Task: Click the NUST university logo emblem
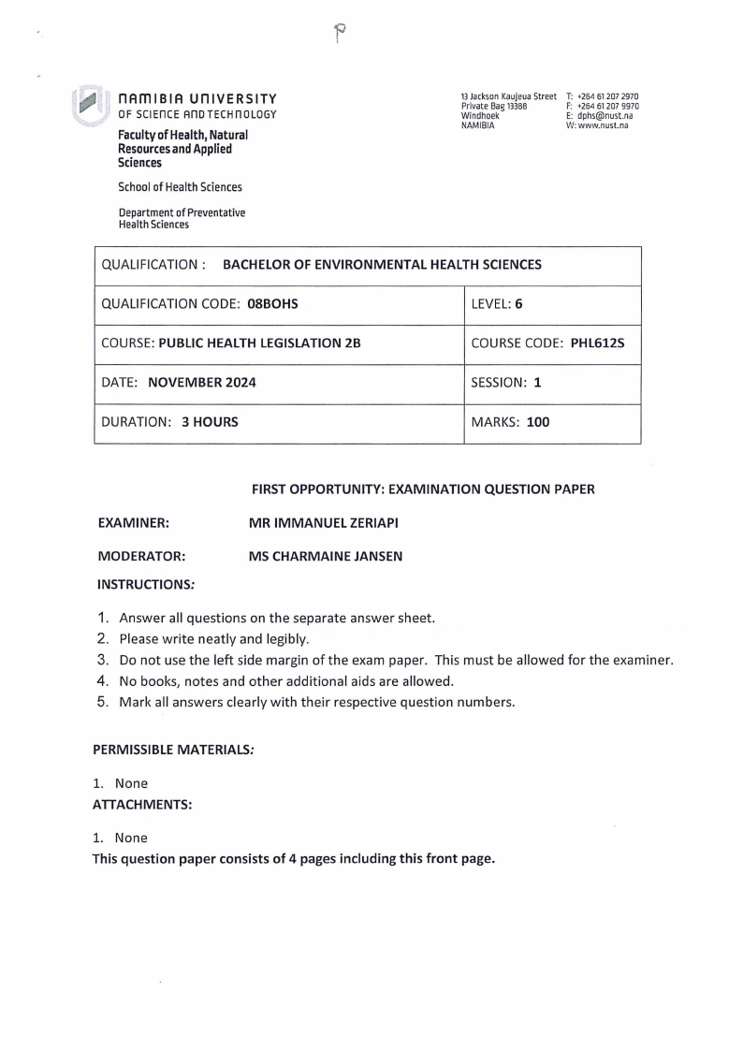(89, 105)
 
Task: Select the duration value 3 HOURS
(210, 422)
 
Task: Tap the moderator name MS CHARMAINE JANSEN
(325, 556)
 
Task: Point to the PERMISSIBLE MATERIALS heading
(165, 751)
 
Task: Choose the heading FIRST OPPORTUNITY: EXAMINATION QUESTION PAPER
(423, 489)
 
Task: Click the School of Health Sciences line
(180, 187)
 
